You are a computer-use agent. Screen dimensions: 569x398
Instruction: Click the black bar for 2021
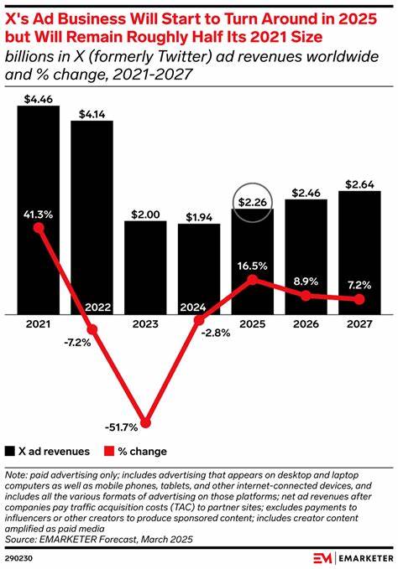coord(39,168)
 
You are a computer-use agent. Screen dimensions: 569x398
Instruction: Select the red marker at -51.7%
coord(147,422)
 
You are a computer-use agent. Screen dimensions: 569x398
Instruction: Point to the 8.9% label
coord(307,280)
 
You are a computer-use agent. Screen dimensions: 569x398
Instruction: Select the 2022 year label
coord(92,307)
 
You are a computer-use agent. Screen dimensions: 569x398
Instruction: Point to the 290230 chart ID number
coord(18,556)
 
